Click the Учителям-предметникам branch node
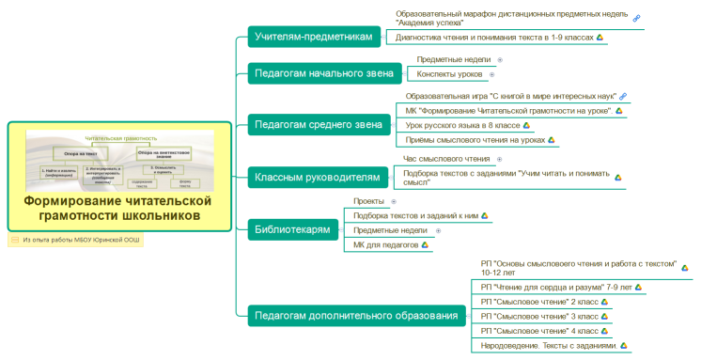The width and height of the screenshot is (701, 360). tap(312, 37)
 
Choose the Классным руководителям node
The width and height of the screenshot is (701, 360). tap(318, 176)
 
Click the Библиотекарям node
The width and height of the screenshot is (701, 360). tap(292, 228)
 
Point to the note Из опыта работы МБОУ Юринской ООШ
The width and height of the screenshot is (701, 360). tap(80, 240)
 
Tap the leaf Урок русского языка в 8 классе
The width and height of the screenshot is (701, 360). tap(461, 125)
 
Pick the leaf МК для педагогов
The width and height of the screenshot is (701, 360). tap(385, 244)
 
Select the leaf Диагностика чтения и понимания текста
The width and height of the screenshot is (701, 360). tap(494, 38)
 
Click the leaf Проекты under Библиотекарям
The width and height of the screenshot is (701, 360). tap(367, 201)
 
